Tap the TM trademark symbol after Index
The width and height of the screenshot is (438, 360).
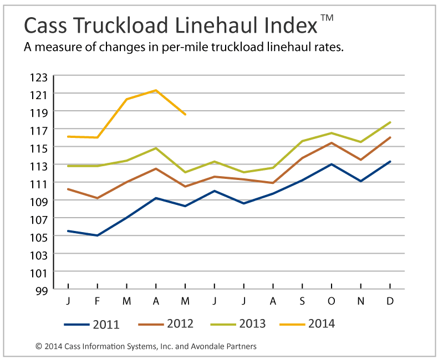pyautogui.click(x=327, y=18)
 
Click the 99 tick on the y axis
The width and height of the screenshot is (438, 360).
pyautogui.click(x=43, y=290)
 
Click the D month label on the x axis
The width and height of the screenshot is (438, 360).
pyautogui.click(x=390, y=301)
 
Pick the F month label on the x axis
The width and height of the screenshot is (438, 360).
pyautogui.click(x=98, y=301)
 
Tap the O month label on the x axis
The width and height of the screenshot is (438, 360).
pyautogui.click(x=332, y=301)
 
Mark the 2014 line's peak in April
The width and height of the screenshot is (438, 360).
pyautogui.click(x=156, y=90)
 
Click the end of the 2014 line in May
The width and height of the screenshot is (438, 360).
pyautogui.click(x=185, y=114)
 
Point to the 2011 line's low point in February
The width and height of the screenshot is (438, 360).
pyautogui.click(x=98, y=235)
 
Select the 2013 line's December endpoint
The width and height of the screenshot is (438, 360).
pyautogui.click(x=390, y=122)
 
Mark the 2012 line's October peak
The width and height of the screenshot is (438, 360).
pyautogui.click(x=332, y=143)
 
